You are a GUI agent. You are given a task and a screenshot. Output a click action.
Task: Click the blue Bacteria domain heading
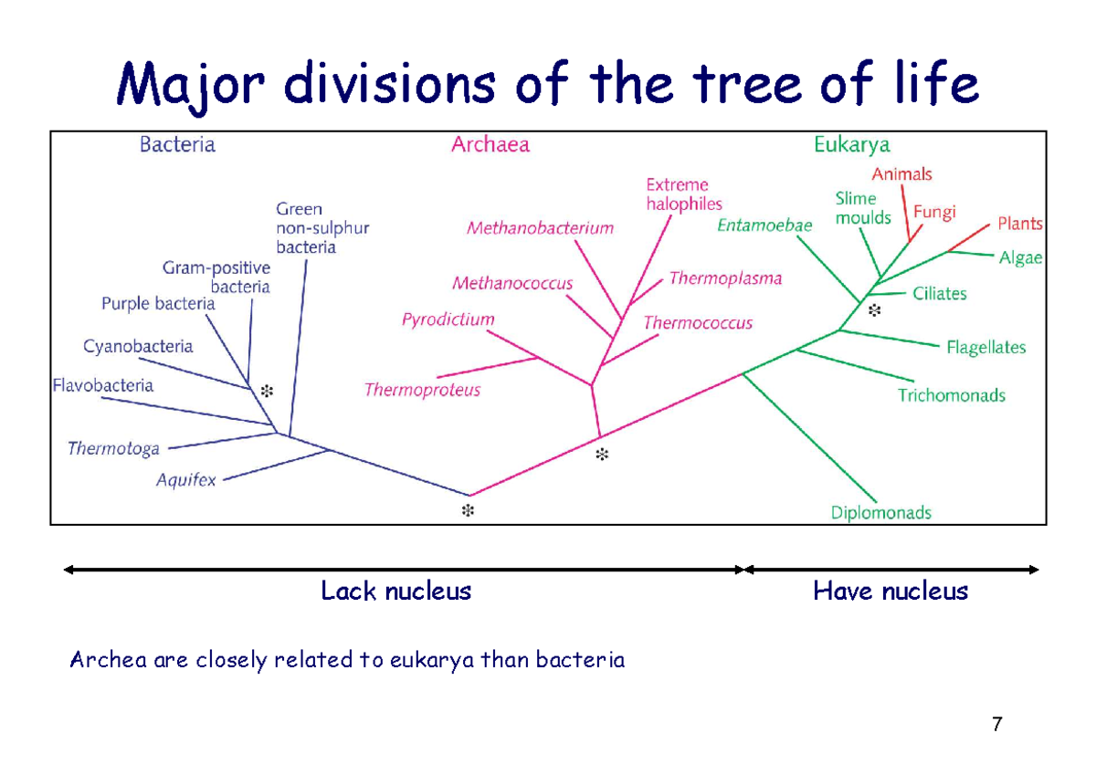177,144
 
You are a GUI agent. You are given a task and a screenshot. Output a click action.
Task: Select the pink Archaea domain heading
490,144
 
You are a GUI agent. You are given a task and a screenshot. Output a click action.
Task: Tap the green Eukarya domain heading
851,144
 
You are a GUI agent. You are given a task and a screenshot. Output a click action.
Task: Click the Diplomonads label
880,513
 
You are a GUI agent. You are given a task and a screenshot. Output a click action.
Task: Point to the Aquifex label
186,479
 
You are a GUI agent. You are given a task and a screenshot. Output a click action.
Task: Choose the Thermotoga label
114,448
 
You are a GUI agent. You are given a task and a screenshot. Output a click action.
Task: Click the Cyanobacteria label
139,347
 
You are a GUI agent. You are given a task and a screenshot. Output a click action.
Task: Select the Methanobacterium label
540,228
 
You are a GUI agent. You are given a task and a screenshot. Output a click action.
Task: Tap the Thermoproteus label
422,391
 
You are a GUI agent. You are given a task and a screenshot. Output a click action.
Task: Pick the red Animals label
901,173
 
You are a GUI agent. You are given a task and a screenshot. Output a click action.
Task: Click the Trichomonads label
951,395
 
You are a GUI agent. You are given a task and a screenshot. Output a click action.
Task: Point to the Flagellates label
985,348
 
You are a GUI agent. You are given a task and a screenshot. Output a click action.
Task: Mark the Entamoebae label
764,225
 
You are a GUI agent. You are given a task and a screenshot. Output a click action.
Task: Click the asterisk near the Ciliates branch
874,311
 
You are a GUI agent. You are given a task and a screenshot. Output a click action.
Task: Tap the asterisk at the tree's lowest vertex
468,510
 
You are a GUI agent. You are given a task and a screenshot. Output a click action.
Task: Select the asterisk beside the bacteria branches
267,391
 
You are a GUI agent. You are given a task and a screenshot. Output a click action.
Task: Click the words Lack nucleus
395,592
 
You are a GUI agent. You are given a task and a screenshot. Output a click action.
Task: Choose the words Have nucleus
890,592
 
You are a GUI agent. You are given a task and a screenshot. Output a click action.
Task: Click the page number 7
996,726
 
